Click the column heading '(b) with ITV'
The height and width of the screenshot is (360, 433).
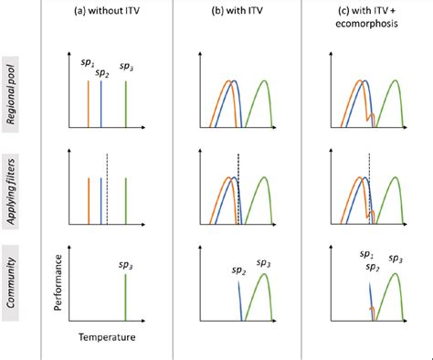coord(236,10)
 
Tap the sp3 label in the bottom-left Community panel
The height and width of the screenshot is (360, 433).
coord(127,266)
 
